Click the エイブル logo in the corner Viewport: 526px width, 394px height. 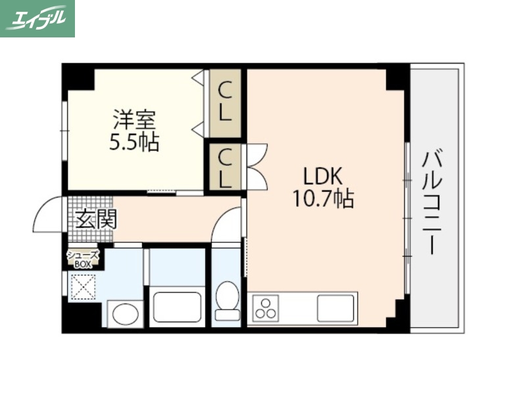tap(37, 18)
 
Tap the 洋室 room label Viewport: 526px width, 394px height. tap(133, 120)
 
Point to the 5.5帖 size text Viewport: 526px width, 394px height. tap(133, 141)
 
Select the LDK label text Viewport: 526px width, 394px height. tap(323, 176)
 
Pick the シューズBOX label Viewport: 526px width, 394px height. tap(84, 258)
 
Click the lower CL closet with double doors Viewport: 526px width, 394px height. tap(225, 168)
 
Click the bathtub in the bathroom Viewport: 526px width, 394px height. tap(177, 306)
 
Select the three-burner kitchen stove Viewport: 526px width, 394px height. tap(266, 307)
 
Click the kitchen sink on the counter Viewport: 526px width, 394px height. tap(335, 307)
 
